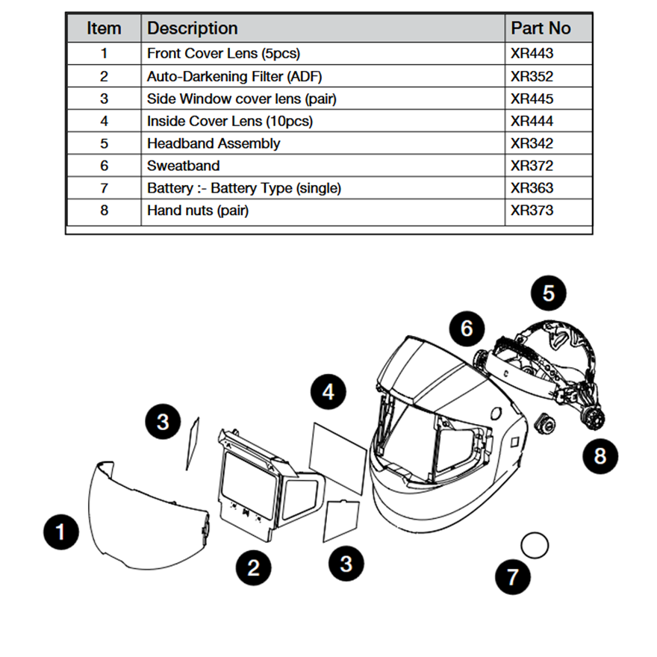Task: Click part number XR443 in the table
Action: click(532, 54)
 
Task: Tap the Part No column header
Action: click(541, 28)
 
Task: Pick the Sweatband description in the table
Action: click(184, 166)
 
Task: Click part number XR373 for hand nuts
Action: click(532, 211)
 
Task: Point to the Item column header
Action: click(104, 28)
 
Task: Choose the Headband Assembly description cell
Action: click(214, 143)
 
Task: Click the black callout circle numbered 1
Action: click(60, 532)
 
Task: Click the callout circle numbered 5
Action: click(549, 293)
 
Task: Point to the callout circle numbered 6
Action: click(467, 328)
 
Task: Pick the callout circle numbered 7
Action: click(513, 576)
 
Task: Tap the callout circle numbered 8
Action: click(600, 455)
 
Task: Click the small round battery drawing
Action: click(535, 544)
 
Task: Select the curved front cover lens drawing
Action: click(146, 515)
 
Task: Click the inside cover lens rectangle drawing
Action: click(338, 457)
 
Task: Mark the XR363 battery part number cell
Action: click(532, 188)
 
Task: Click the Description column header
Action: click(193, 28)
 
